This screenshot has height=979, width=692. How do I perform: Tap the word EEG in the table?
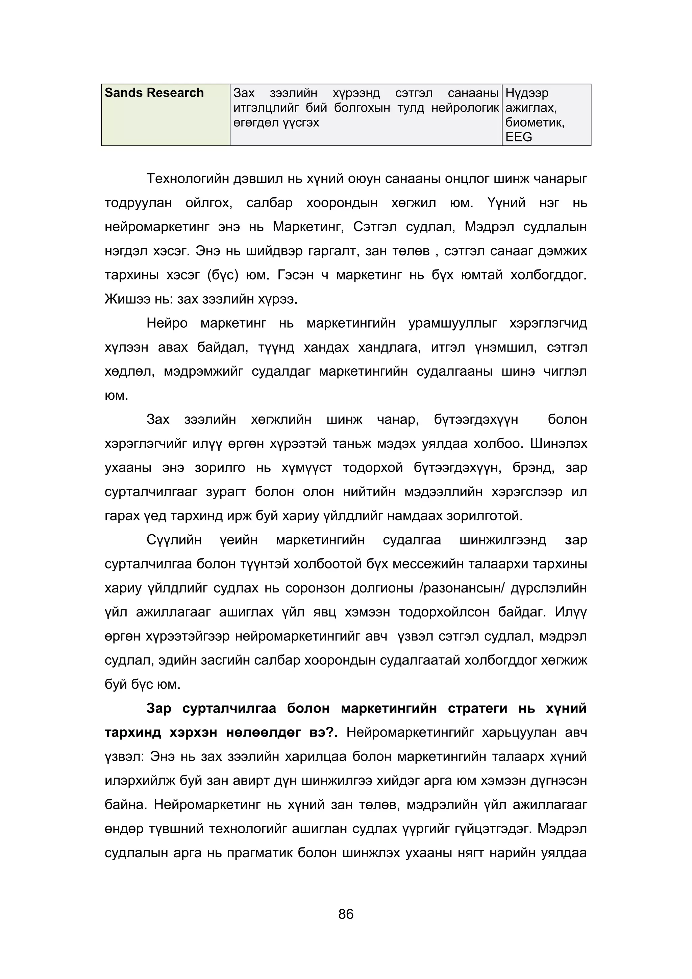coord(519,137)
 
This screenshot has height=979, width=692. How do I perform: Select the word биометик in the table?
coord(534,123)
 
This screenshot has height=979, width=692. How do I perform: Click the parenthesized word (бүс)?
coord(222,275)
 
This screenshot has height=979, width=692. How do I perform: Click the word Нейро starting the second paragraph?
coord(167,323)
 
